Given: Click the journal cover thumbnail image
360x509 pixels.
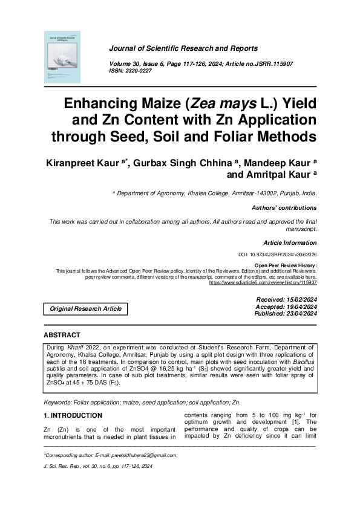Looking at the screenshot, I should [x=62, y=57].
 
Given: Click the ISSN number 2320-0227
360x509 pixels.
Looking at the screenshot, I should [x=139, y=71].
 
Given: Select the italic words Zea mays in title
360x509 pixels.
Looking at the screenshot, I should [x=234, y=102].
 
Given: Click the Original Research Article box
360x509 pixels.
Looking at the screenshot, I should [x=85, y=309].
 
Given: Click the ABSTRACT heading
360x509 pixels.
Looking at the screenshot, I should [x=62, y=335].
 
